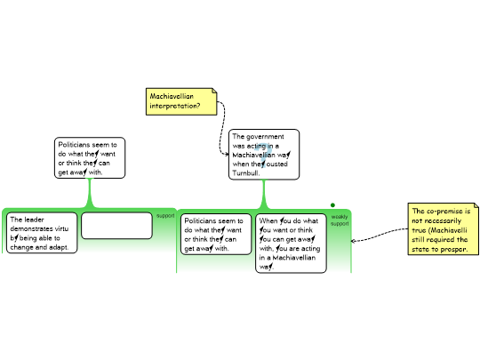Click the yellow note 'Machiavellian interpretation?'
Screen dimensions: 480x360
tap(181, 101)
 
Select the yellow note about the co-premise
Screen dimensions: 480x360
tap(443, 228)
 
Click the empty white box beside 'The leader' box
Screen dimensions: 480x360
tap(116, 226)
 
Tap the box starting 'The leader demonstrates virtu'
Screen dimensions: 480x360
tap(42, 233)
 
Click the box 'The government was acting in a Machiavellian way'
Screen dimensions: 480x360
tap(264, 155)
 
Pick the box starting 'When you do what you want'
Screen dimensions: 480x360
tap(291, 244)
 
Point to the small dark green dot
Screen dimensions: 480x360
tap(332, 205)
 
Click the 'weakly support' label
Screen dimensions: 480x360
tap(340, 220)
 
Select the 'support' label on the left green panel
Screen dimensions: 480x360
tap(165, 215)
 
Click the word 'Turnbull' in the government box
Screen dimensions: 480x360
tap(245, 173)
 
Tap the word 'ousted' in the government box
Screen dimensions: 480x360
tap(276, 164)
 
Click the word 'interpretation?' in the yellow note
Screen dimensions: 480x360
tap(175, 106)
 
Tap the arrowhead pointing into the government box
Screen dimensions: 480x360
tap(227, 154)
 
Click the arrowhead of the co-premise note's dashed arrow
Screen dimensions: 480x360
tap(353, 241)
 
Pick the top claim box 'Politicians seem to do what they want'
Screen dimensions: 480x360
tap(90, 157)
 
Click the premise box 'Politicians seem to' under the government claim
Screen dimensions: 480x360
tap(216, 234)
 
